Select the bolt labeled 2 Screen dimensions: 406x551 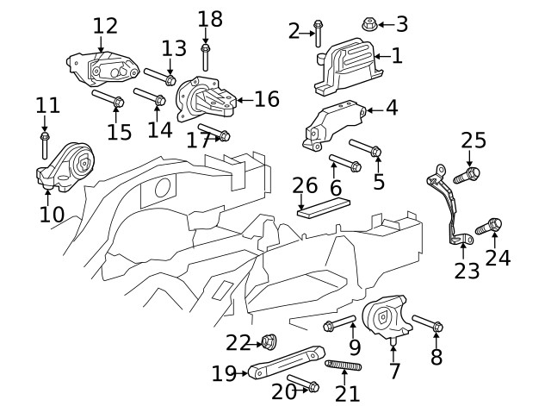[319, 32]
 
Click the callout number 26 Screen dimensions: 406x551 [305, 185]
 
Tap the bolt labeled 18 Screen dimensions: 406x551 [206, 56]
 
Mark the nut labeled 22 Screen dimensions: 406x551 [269, 341]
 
